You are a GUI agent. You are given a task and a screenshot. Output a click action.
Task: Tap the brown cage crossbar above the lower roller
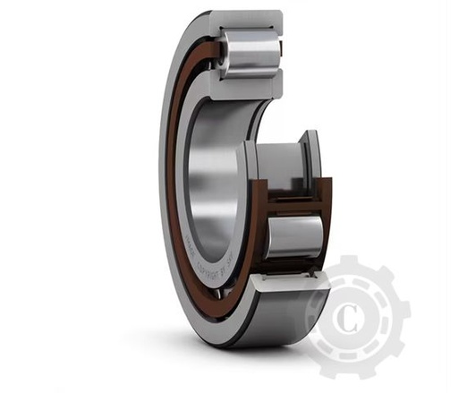coord(292,208)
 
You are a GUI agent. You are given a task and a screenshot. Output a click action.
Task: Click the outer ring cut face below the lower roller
coord(288,285)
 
